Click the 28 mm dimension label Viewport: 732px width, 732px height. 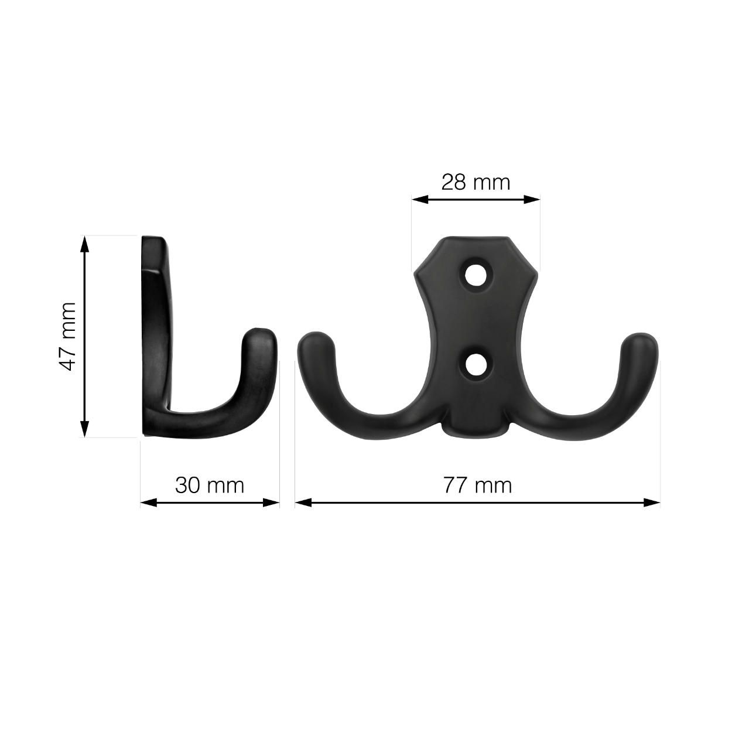476,182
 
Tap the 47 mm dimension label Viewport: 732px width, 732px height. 69,336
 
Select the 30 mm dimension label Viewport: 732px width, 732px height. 209,485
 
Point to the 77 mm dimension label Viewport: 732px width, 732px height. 477,485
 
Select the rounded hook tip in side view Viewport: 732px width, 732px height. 259,343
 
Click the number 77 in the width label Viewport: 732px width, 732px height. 455,485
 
